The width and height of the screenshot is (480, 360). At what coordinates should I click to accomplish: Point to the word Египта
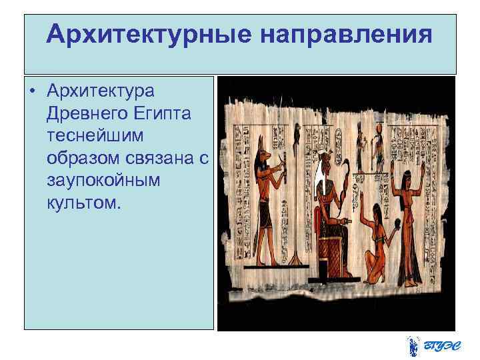[x=163, y=113]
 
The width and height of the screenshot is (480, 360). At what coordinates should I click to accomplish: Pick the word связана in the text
[x=159, y=158]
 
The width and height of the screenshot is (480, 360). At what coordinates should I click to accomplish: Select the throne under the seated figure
[x=329, y=257]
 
